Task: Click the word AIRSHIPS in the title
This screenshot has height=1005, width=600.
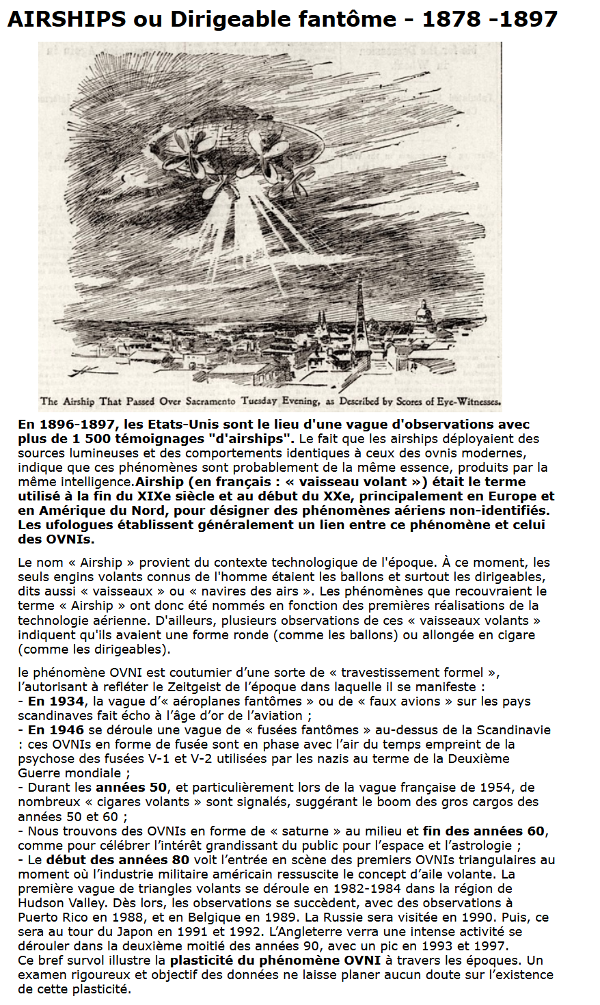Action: [x=66, y=19]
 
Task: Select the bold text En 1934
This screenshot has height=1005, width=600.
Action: [x=57, y=701]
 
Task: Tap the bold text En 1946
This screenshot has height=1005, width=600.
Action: [x=57, y=729]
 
